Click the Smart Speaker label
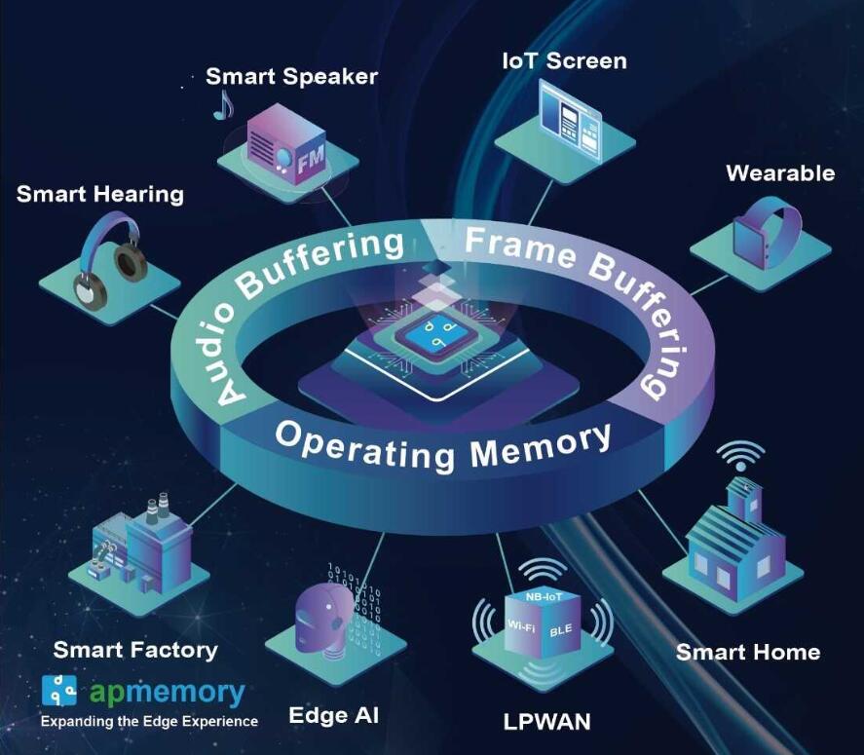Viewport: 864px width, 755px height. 291,77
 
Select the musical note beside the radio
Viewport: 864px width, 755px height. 223,104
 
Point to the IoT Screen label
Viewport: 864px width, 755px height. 564,60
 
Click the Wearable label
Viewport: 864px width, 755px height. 780,173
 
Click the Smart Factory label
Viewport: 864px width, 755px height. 135,649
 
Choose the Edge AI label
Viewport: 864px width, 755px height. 333,716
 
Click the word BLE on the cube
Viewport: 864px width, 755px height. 561,630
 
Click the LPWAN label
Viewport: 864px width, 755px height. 546,722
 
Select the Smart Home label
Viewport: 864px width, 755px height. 748,652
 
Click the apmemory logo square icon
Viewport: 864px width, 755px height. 59,690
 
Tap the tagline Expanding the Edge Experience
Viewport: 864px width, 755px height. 149,722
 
